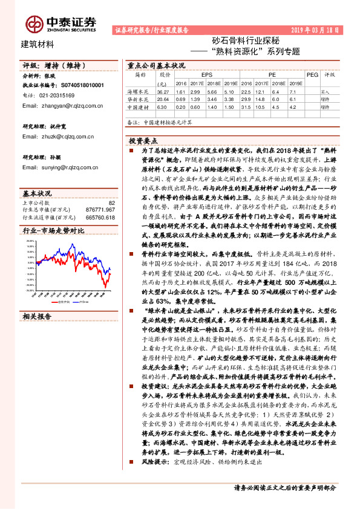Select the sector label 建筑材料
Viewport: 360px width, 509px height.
tap(38, 44)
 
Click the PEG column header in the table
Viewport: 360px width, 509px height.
tap(312, 75)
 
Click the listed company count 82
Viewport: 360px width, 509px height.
tap(111, 203)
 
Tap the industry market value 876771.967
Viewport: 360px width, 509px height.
tap(100, 210)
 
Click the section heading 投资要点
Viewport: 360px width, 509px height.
tap(144, 140)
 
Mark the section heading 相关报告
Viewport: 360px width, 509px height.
tap(38, 316)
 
